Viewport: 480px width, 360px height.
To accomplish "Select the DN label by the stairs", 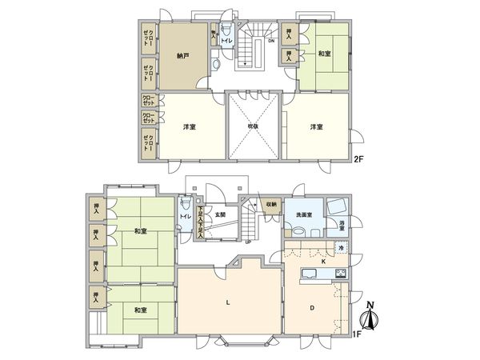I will [271, 42].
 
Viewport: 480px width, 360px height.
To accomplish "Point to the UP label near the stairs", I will [248, 242].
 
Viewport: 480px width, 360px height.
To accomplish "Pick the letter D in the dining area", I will [313, 306].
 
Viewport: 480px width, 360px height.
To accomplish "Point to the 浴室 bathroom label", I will [342, 227].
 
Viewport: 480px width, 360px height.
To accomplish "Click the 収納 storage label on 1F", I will [271, 205].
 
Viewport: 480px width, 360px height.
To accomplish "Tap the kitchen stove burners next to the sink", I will [340, 276].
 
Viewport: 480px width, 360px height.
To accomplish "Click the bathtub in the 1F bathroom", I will [335, 205].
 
